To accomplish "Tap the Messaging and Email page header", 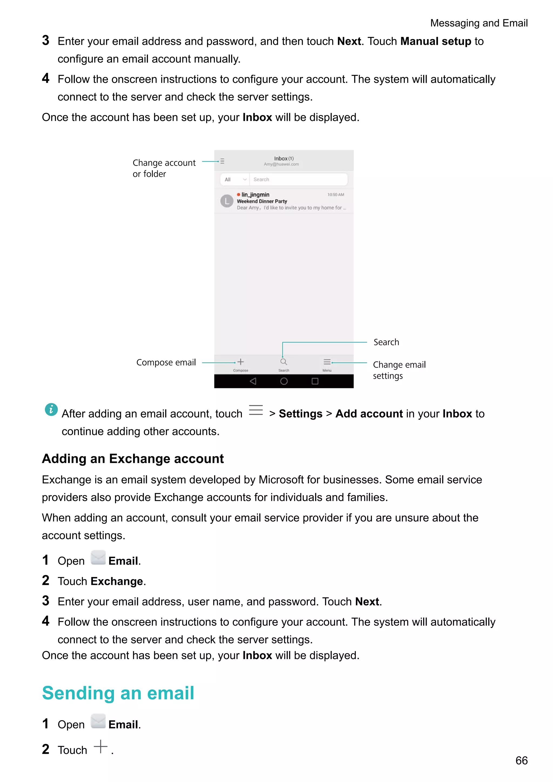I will [x=479, y=23].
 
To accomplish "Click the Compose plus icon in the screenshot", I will [x=240, y=362].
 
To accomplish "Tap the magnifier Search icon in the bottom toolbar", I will [x=283, y=362].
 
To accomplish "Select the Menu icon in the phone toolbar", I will [x=327, y=362].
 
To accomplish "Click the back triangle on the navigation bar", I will [x=253, y=381].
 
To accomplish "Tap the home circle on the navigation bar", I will [x=284, y=381].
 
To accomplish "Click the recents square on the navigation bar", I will [x=315, y=381].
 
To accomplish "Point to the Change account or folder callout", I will [x=164, y=168].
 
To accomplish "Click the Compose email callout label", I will [x=166, y=362].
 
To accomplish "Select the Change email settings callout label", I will [x=399, y=370].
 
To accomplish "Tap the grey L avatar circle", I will [x=227, y=201].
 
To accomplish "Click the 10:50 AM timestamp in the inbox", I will [x=335, y=195].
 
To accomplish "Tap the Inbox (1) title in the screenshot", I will [x=284, y=159].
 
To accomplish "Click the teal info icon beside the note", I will [x=51, y=409].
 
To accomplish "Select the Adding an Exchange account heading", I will [x=133, y=459].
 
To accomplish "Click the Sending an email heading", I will [x=118, y=693].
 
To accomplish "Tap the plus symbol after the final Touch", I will [x=100, y=747].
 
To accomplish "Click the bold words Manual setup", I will [x=436, y=41].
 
